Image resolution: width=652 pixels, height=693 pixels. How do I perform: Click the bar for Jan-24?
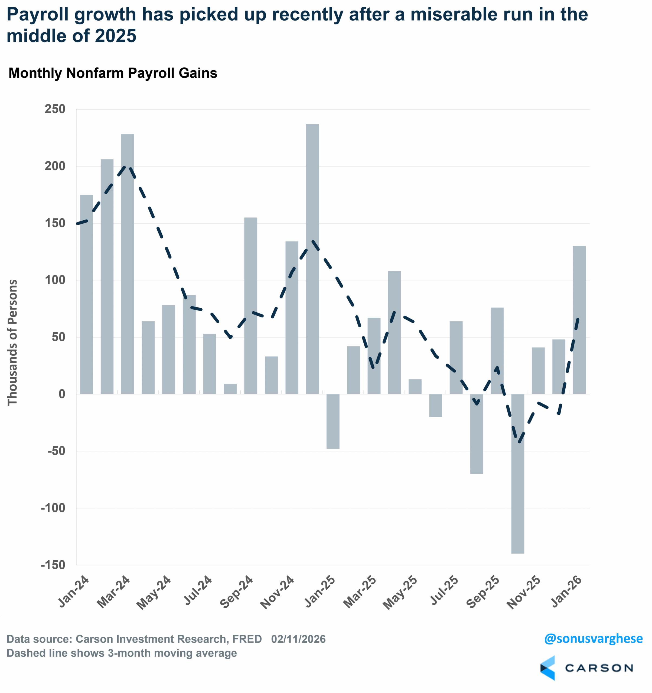pos(86,294)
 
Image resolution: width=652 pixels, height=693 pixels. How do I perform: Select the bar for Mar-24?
pos(128,264)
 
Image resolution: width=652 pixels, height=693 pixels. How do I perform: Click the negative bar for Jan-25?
pos(333,421)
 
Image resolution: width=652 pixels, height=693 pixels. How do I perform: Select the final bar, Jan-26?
pos(579,320)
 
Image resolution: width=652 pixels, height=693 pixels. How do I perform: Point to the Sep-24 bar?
pos(251,306)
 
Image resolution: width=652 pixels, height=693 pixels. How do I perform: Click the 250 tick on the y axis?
pos(55,109)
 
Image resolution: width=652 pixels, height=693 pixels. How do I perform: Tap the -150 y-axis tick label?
pos(53,565)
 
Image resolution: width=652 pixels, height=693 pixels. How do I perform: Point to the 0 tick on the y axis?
pos(62,394)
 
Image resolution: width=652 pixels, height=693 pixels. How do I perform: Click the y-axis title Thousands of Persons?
pos(12,342)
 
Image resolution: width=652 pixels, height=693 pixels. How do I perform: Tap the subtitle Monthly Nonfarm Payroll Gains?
pos(113,73)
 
